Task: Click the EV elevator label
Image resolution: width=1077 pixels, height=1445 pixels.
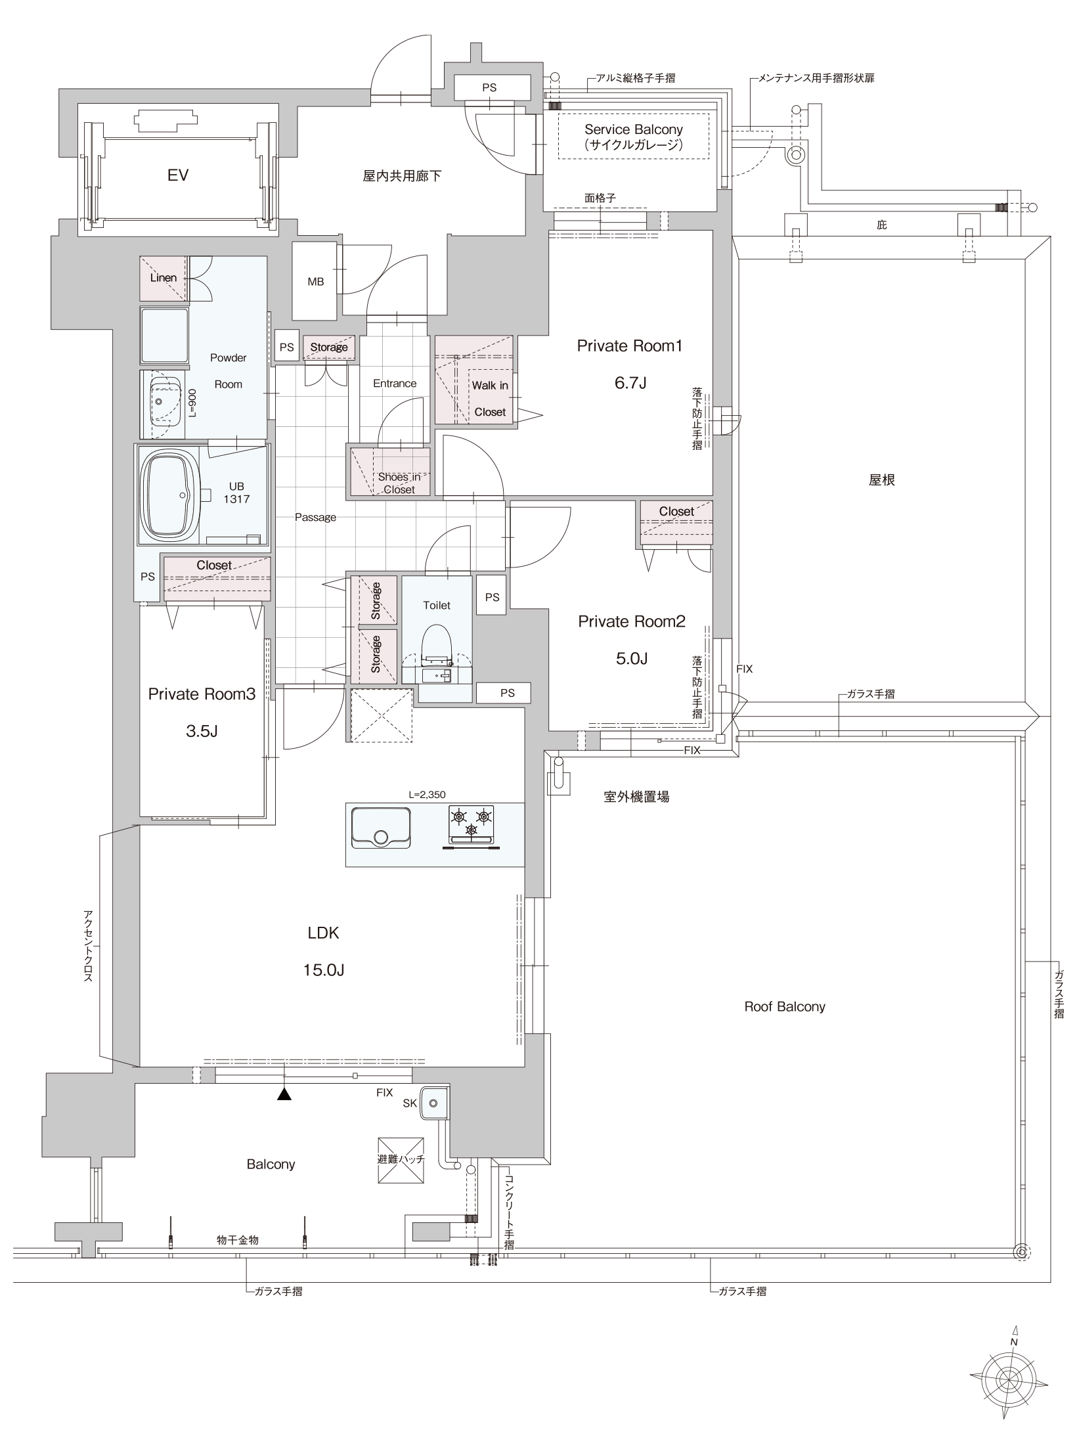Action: [178, 175]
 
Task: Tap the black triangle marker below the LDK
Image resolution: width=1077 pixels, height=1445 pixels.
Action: [284, 1093]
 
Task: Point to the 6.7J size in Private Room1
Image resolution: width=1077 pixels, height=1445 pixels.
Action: [630, 382]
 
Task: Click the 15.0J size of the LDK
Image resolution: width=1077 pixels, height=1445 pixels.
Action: [324, 970]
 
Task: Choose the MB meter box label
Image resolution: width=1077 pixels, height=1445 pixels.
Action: [315, 282]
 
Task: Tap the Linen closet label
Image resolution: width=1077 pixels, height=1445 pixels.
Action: [163, 277]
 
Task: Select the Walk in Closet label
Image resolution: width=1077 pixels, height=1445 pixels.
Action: [490, 399]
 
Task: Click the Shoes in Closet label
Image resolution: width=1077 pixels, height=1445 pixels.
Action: [399, 483]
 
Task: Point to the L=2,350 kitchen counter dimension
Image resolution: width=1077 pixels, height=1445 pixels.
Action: [427, 794]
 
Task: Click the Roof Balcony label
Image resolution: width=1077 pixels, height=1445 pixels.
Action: [784, 1007]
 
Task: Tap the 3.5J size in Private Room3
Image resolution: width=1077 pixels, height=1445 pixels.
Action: [201, 730]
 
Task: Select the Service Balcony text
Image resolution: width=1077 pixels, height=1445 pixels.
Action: [634, 129]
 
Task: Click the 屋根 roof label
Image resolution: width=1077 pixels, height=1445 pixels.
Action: [881, 480]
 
